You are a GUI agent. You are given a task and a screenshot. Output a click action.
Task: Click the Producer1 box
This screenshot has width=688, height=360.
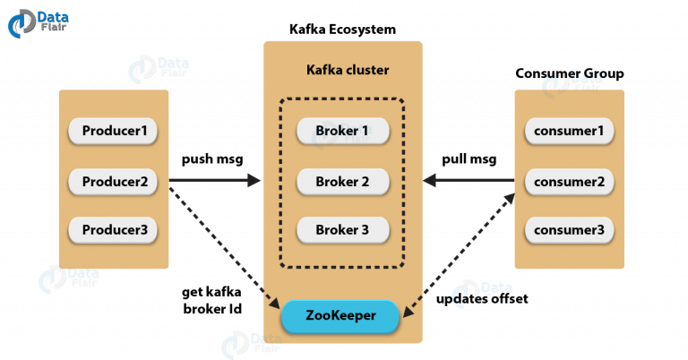(x=113, y=131)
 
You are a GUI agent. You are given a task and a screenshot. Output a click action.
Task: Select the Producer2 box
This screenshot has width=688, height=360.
(x=113, y=182)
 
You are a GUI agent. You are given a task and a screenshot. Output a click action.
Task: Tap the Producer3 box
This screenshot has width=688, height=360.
(x=113, y=230)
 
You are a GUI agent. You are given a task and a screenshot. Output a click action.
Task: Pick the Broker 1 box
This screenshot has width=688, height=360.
(x=343, y=131)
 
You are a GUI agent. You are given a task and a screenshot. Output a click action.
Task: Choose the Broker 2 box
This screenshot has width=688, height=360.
(x=343, y=182)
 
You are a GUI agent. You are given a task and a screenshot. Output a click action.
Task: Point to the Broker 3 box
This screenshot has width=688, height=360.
(x=343, y=230)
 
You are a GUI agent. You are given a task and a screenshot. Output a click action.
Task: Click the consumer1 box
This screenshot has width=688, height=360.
(x=569, y=131)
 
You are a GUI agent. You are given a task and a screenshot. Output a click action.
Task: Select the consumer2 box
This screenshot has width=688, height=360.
(x=569, y=182)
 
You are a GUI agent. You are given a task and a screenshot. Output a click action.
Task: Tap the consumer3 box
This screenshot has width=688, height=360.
(x=569, y=230)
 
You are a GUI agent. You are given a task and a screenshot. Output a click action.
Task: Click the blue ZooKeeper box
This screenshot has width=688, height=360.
(x=340, y=316)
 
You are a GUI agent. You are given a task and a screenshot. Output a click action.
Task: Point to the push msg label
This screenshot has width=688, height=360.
(x=212, y=159)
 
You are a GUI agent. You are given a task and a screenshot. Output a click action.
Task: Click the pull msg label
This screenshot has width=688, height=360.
(x=469, y=159)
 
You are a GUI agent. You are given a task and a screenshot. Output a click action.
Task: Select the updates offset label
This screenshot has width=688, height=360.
(x=482, y=299)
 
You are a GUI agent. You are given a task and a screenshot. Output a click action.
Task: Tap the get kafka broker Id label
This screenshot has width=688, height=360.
(x=212, y=300)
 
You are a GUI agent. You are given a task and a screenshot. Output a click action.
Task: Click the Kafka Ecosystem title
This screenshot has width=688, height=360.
(x=342, y=30)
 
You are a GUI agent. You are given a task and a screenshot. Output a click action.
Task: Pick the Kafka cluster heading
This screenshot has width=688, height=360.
(x=348, y=70)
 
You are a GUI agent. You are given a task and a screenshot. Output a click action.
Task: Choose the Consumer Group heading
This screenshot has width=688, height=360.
(x=570, y=73)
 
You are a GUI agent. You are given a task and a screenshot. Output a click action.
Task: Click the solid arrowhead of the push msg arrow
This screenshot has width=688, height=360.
(x=254, y=180)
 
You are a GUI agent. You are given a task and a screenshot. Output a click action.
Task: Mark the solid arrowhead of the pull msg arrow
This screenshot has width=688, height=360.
(x=430, y=180)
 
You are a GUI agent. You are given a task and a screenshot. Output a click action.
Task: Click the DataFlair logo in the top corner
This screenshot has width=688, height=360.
(x=39, y=23)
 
